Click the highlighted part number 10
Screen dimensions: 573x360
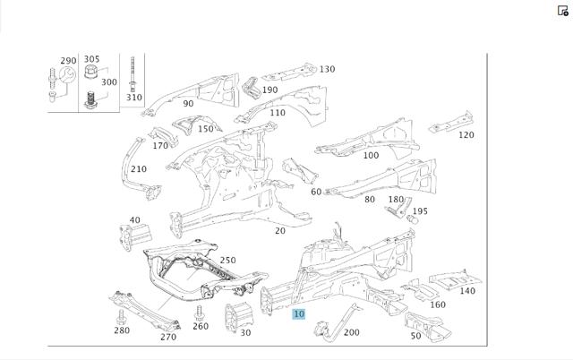tap(298, 313)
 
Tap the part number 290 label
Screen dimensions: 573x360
tap(68, 61)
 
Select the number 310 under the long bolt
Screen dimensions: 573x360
tap(133, 98)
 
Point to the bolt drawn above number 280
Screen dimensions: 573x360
tap(121, 316)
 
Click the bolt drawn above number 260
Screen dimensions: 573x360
tap(199, 313)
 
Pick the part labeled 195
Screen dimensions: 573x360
tap(412, 219)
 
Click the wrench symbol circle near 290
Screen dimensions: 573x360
tap(68, 74)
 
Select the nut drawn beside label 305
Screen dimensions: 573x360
tap(91, 72)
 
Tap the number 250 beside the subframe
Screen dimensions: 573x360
tap(227, 261)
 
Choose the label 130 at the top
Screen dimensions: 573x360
tap(327, 69)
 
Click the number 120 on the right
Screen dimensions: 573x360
tap(466, 135)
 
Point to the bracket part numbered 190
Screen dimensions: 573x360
tap(251, 88)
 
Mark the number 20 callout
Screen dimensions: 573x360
tap(280, 231)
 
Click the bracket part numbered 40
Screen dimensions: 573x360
tap(135, 236)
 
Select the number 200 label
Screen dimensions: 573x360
tap(352, 332)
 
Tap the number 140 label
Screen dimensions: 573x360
tap(467, 291)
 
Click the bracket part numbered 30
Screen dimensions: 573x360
tap(239, 316)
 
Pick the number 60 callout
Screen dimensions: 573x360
tap(316, 192)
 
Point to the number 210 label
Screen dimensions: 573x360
tap(139, 169)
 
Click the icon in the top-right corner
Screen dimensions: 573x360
tap(562, 11)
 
